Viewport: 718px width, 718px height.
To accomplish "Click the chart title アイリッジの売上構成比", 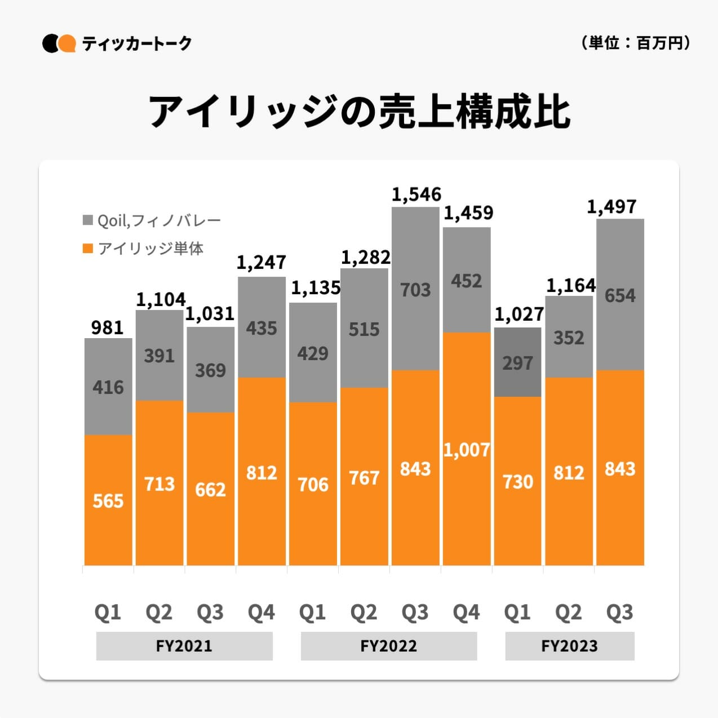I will pos(359,112).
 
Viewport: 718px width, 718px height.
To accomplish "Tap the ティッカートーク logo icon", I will pos(59,43).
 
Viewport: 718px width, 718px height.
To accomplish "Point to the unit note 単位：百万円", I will pos(635,43).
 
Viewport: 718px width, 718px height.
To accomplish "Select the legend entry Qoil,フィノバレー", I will pos(152,220).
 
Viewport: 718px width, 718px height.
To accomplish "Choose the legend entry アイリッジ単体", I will pos(144,249).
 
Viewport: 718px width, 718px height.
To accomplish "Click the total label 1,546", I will pos(416,195).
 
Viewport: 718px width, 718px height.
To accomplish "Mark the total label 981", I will pos(107,327).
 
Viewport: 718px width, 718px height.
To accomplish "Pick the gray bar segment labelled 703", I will pos(415,289).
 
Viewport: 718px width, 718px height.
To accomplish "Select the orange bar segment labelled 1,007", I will pos(467,449).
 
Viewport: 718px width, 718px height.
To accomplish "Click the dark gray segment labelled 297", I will pos(517,362).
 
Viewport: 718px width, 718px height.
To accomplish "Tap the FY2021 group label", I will pos(184,646).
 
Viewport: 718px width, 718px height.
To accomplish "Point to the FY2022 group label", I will pos(389,646).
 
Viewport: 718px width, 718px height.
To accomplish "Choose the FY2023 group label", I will pos(569,646).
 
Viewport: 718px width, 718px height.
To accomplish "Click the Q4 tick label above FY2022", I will pos(466,612).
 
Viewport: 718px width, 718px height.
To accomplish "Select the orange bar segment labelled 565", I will pos(108,500).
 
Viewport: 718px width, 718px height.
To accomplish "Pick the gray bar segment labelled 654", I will pos(620,295).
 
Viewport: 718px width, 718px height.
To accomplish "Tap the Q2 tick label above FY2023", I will pos(568,612).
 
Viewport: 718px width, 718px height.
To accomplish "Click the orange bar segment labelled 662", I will pos(210,489).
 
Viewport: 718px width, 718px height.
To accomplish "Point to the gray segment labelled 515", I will pos(364,329).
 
